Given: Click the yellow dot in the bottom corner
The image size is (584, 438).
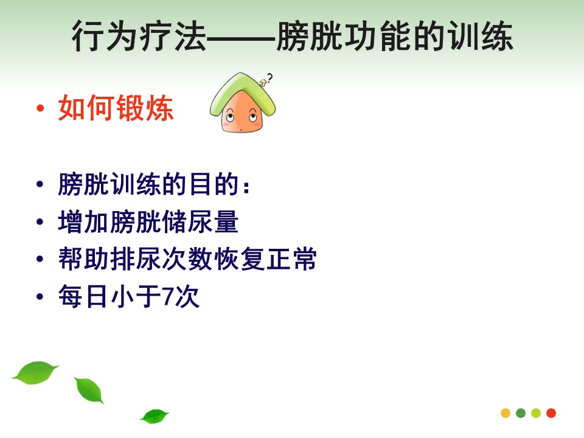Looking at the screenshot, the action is click(506, 413).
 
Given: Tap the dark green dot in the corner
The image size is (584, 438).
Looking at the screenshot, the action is click(521, 413).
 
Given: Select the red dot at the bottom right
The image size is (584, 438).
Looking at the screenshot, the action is click(551, 413).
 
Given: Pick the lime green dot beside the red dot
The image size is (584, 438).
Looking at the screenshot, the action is click(536, 413).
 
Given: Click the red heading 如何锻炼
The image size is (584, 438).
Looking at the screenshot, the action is click(116, 108).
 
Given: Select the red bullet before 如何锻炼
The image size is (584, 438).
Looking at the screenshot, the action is click(40, 109).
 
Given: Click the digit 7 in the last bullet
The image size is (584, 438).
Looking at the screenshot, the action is click(168, 297).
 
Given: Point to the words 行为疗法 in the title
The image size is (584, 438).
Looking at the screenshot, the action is click(139, 36).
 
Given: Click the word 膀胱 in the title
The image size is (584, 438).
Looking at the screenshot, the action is click(309, 36).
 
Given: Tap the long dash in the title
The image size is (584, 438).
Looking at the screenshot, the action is click(241, 38).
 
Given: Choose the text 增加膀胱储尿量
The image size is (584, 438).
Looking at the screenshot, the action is click(148, 222).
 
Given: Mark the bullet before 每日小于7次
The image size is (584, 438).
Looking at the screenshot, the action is click(40, 297).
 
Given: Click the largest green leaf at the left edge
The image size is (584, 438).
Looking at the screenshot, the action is click(35, 372).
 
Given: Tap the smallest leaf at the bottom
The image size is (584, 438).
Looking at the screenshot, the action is click(155, 416).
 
